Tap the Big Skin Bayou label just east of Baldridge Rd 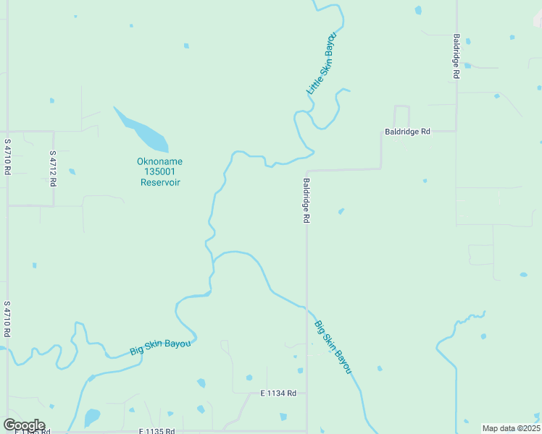coord(333,346)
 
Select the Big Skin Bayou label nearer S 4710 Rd coord(161,346)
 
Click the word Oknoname coord(160,161)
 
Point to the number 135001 coord(160,171)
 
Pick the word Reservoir coord(160,182)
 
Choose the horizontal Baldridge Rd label coord(407,132)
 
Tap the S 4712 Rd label coord(53,169)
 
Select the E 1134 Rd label coord(279,393)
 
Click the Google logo coord(24,425)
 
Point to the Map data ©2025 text coord(511,428)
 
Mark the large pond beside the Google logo coord(92,417)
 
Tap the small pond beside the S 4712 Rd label coord(72,171)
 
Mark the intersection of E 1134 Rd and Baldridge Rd coord(307,393)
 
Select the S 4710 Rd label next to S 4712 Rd coord(7,157)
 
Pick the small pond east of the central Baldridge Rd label coord(341,211)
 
